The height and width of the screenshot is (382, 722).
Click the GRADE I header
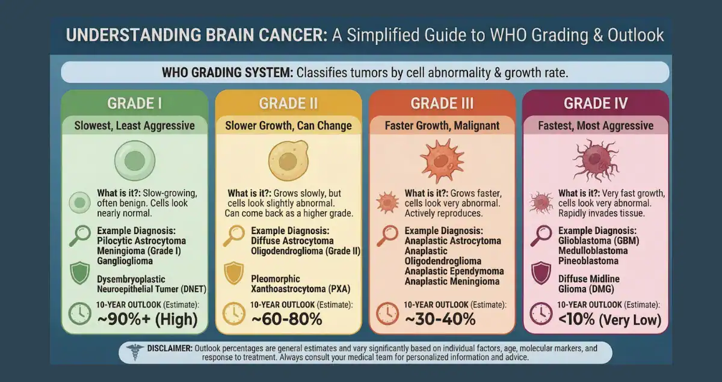pos(134,103)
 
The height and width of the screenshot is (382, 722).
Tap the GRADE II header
pos(288,103)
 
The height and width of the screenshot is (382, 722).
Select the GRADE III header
pos(442,103)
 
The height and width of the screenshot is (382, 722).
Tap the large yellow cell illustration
pos(288,159)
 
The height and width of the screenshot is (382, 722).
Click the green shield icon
pos(80,273)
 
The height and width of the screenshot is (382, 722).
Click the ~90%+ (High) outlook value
pos(147,319)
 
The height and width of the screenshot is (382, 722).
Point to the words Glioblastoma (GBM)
pos(599,241)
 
